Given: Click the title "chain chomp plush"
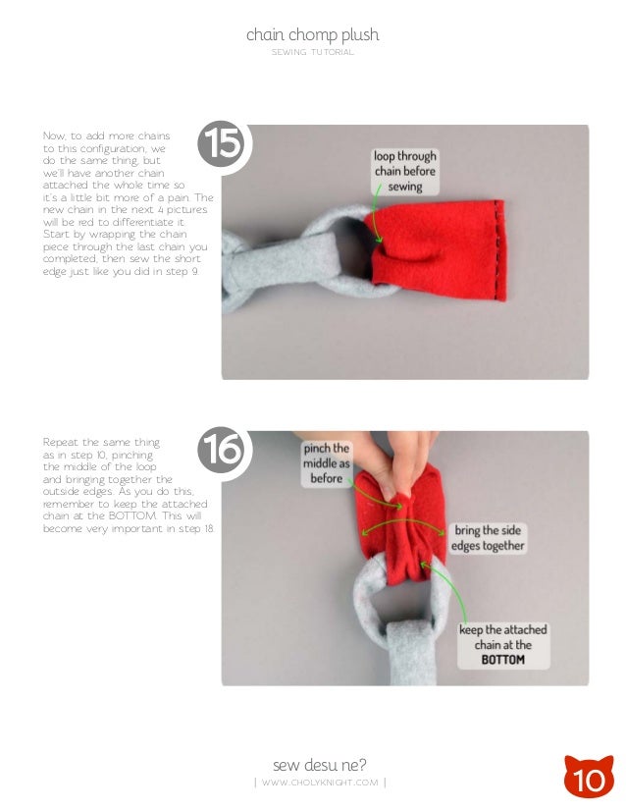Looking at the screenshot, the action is [x=312, y=35].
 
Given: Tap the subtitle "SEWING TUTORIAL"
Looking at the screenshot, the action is [x=312, y=52].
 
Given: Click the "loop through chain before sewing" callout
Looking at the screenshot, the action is [x=405, y=171].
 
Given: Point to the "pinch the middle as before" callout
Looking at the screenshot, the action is [x=326, y=463].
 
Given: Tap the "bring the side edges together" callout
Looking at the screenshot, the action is [x=488, y=538].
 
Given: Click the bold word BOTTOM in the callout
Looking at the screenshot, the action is [x=502, y=660].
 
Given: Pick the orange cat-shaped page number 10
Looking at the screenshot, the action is [x=589, y=776].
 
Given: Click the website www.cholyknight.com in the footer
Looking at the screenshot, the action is [x=320, y=783].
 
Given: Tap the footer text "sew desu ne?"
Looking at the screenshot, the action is [x=320, y=765].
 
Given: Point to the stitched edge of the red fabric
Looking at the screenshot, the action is [x=498, y=249].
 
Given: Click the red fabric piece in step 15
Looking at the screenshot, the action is [x=437, y=250].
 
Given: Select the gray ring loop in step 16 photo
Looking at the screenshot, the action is [x=359, y=595].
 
